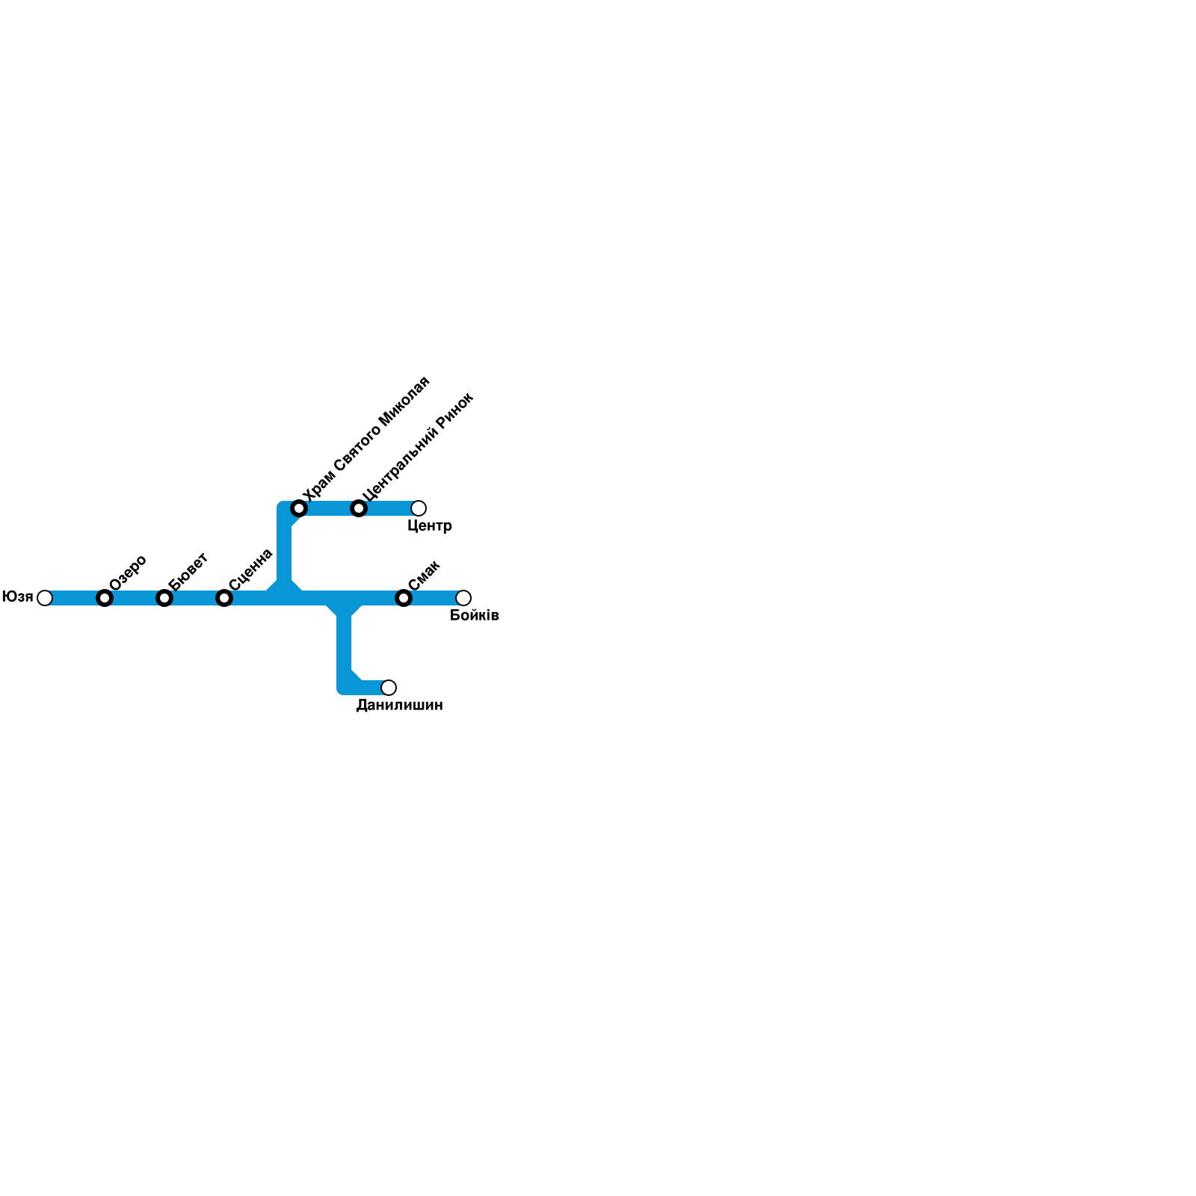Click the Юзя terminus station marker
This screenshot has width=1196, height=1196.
tap(45, 598)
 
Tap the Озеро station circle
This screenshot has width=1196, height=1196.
tap(105, 598)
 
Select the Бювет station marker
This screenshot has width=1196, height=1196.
tap(164, 598)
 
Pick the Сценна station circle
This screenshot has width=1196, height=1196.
tap(224, 598)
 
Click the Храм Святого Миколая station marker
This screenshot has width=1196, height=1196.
tap(299, 508)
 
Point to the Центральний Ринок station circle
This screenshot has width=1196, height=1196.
tap(359, 508)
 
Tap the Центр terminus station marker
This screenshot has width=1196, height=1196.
tap(419, 508)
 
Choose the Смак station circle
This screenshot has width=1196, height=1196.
tap(404, 598)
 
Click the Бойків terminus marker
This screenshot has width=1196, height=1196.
tap(463, 598)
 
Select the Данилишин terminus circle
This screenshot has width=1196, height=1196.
tap(389, 688)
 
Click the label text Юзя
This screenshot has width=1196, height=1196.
tap(17, 597)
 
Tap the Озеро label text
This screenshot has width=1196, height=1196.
tap(128, 573)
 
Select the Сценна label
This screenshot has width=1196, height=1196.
tap(251, 569)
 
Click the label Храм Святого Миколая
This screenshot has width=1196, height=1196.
tap(366, 439)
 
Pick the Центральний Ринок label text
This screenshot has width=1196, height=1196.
tap(418, 446)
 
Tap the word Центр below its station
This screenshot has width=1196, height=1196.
tap(430, 526)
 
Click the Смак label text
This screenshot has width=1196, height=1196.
tap(425, 576)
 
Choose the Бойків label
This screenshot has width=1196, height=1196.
tap(475, 616)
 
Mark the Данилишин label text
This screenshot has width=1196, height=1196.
tap(399, 706)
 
